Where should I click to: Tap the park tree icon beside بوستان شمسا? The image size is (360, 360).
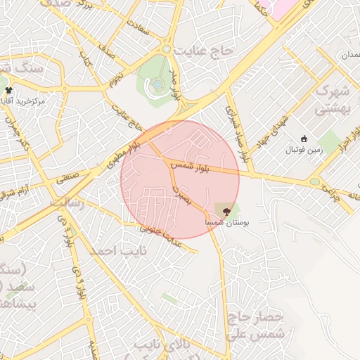click(x=226, y=210)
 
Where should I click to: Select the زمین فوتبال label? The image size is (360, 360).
click(x=302, y=150)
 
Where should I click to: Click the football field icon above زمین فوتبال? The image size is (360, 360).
click(x=304, y=139)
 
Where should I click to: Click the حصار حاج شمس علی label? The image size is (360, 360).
click(x=257, y=324)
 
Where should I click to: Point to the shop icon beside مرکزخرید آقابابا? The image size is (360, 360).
click(x=8, y=90)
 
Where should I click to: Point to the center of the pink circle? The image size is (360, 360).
click(x=180, y=179)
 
